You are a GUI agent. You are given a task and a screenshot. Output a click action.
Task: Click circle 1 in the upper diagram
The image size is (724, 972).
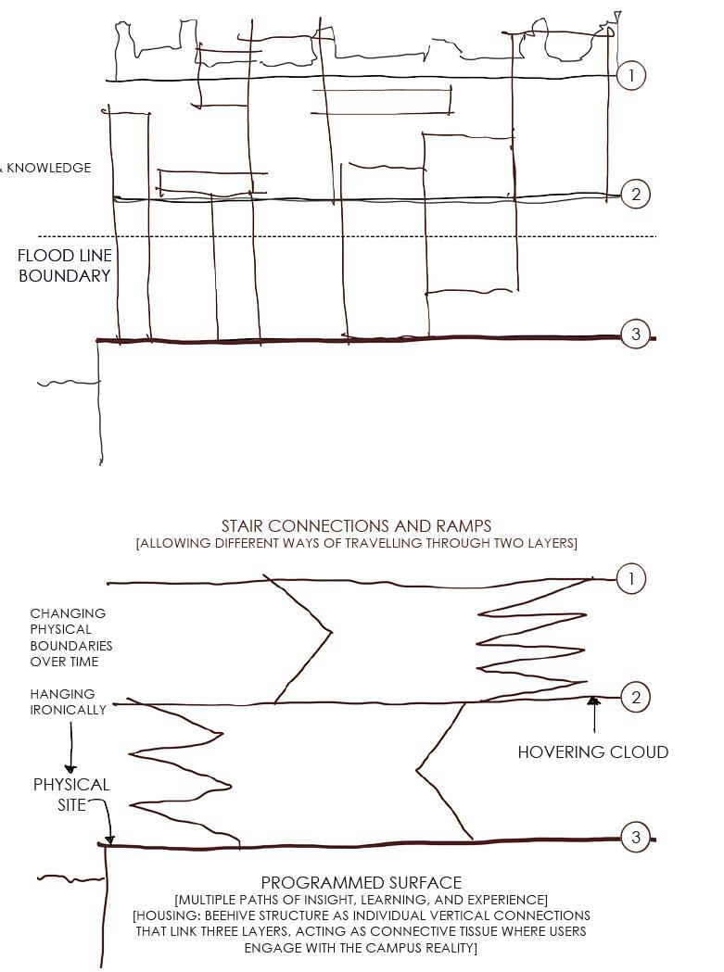(631, 76)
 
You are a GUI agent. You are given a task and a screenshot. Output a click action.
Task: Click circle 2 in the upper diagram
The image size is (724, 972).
(636, 195)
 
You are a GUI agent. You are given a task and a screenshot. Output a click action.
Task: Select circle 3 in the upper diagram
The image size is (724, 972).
(635, 335)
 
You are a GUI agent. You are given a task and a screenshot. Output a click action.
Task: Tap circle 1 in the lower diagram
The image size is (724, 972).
(631, 580)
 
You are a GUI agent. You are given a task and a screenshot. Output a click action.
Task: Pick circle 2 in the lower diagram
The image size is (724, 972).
(635, 698)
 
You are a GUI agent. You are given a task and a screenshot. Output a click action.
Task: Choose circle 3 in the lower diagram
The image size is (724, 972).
(635, 838)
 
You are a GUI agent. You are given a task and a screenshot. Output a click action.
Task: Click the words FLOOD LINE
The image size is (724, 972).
(65, 256)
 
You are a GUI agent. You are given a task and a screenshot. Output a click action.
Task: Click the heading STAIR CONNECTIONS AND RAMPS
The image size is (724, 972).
(356, 526)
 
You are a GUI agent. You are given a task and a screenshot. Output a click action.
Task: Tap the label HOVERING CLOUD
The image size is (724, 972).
(592, 752)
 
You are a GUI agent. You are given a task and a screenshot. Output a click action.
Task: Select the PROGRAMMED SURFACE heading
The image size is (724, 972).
(361, 883)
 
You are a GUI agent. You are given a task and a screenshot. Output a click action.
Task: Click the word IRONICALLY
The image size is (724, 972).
(68, 710)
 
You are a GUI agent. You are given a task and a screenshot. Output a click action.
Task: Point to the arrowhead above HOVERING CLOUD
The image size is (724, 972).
(594, 702)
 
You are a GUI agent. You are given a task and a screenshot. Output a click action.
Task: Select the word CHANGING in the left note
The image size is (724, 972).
(68, 613)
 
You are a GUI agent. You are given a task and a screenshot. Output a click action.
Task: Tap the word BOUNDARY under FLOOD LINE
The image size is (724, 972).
(65, 276)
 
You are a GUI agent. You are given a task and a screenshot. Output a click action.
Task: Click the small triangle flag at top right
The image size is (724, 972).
(616, 17)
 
